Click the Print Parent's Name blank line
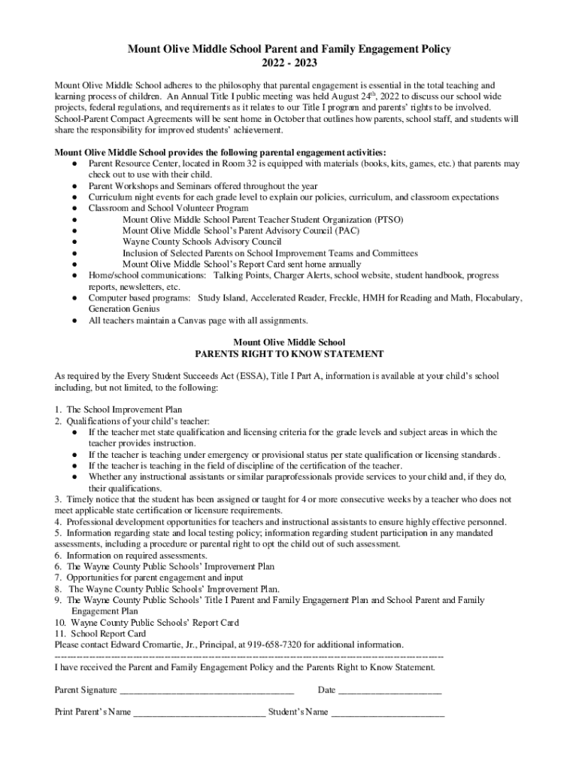click(x=199, y=712)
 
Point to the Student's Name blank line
click(x=388, y=712)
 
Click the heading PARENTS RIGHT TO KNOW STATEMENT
click(x=289, y=353)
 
